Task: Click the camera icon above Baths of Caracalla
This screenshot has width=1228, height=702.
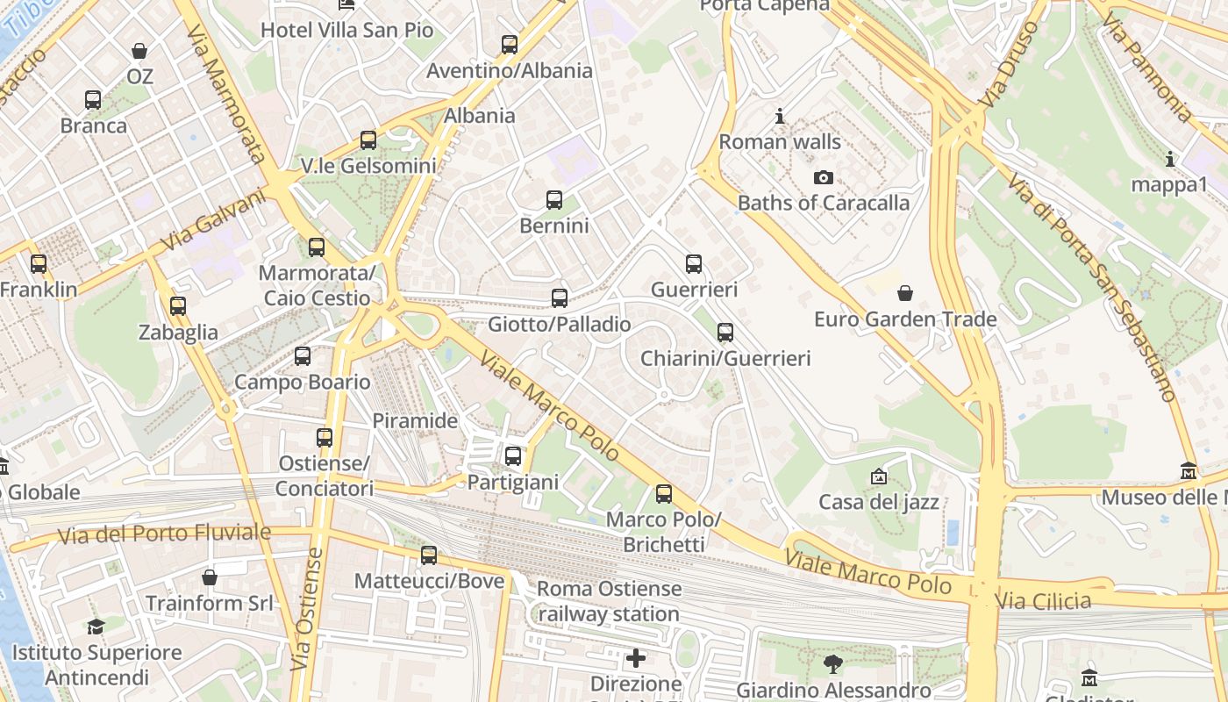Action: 823,178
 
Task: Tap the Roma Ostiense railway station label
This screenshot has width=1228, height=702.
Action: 609,601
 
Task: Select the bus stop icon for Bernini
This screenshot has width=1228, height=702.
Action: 554,200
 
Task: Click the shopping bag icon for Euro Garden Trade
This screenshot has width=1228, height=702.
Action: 905,292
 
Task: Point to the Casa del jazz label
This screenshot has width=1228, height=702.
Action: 878,503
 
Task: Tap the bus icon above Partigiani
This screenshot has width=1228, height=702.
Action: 513,456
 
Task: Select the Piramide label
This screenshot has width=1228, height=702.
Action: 415,421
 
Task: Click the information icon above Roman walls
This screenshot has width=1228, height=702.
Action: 780,116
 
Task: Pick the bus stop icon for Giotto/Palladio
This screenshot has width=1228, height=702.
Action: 560,298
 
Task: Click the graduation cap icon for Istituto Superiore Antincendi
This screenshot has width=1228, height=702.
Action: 96,627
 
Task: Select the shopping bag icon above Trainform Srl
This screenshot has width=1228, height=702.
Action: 209,577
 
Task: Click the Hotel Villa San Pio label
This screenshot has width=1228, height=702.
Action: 347,30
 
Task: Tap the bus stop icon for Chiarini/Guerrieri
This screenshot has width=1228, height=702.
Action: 725,333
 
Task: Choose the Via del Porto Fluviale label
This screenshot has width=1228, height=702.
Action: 164,533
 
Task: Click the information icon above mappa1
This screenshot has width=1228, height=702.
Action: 1169,159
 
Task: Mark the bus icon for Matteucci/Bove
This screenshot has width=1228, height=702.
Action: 429,555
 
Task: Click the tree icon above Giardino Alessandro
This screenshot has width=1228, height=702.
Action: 832,664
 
